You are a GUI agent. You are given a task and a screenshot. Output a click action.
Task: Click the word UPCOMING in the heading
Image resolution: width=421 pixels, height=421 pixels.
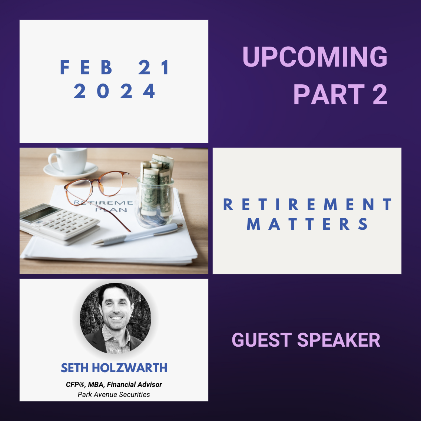(315, 57)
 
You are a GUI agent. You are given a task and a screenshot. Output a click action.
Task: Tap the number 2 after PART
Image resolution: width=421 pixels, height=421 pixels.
(380, 94)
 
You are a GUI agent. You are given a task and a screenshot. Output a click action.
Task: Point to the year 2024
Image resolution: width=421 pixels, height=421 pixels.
(114, 91)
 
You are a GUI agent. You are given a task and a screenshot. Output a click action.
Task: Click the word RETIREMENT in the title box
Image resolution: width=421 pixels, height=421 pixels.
(308, 204)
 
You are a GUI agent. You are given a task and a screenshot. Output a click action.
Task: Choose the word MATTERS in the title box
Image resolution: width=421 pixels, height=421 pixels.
(307, 224)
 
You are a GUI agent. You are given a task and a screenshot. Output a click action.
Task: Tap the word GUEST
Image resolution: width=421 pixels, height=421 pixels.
(262, 340)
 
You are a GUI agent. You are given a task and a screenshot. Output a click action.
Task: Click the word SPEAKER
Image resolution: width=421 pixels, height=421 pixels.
(338, 340)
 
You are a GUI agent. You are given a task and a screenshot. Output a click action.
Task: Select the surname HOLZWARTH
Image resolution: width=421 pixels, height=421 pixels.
(129, 368)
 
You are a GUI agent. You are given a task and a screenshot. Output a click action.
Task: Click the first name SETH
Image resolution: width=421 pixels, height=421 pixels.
(75, 368)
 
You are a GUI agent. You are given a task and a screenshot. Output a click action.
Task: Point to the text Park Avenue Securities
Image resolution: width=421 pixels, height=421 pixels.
(114, 394)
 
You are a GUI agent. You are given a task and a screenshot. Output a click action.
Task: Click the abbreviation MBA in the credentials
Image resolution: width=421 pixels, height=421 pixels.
(96, 385)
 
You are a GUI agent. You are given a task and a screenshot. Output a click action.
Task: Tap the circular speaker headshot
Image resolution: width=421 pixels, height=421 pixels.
(115, 319)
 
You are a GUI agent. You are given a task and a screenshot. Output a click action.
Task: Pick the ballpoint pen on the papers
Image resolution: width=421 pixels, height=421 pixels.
(137, 234)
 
